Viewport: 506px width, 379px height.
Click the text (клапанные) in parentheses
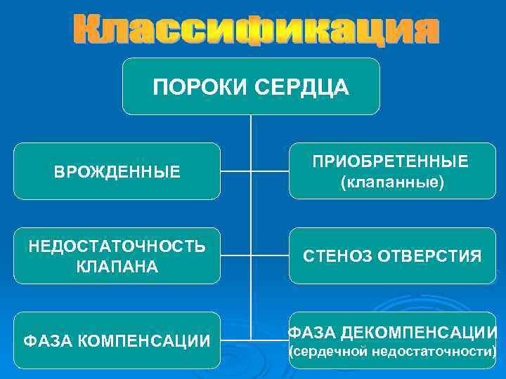tap(392, 182)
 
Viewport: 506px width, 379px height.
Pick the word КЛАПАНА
tap(117, 267)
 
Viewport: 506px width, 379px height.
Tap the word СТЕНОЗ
tap(336, 257)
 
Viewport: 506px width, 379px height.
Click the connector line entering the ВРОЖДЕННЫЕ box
tap(235, 171)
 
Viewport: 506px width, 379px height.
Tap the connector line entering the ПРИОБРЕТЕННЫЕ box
tap(270, 171)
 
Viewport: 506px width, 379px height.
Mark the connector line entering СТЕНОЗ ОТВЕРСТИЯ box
tap(270, 255)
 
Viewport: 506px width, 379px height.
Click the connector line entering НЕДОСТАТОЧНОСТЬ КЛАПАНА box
tap(235, 255)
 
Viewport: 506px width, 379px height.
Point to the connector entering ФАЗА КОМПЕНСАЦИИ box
tap(235, 340)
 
